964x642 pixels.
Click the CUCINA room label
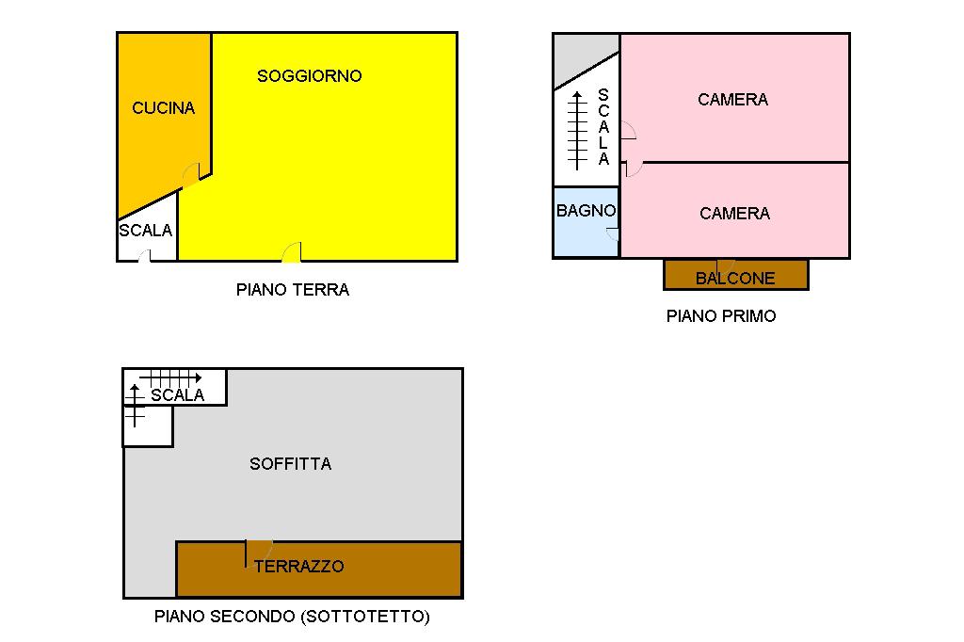click(164, 108)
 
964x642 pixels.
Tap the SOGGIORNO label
click(309, 76)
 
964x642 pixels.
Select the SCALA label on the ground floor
click(146, 231)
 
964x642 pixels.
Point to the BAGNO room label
click(586, 211)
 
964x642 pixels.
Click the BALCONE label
click(735, 279)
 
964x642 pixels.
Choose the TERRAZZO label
click(298, 567)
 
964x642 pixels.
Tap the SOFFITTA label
click(290, 464)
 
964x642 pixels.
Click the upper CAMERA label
click(732, 100)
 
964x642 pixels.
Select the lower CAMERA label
click(734, 214)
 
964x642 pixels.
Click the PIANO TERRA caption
click(292, 290)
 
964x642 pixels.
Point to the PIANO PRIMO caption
click(721, 316)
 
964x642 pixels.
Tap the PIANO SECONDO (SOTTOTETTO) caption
click(292, 618)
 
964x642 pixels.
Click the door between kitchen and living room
click(191, 174)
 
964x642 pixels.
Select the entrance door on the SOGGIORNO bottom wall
click(292, 252)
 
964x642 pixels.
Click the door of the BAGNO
click(613, 234)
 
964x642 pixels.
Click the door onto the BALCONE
click(725, 265)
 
